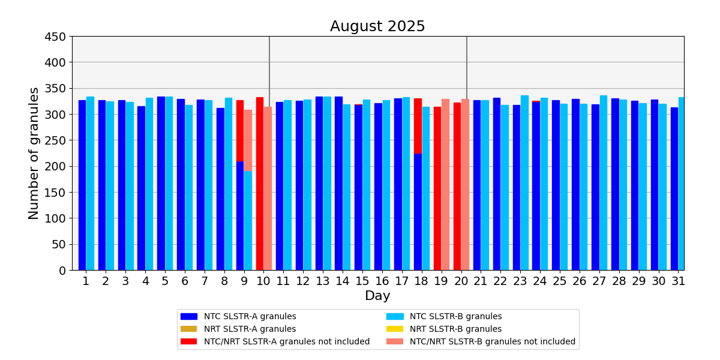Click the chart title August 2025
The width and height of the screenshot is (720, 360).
point(377,26)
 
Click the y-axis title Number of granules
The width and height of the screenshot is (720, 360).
point(34,153)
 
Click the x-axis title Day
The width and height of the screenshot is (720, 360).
point(377,296)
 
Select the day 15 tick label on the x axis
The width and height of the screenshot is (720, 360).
point(362,281)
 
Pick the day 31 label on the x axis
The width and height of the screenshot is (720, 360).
point(678,281)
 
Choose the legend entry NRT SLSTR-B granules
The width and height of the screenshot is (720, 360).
point(455,329)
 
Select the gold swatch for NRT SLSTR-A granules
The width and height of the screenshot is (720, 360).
point(188,329)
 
